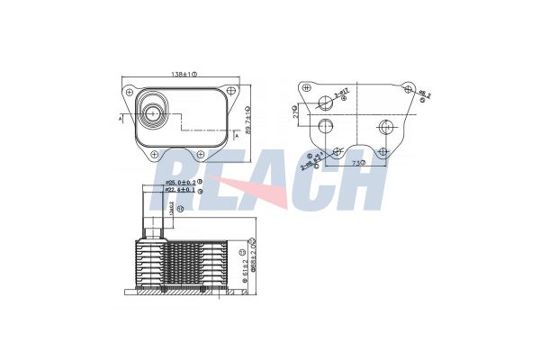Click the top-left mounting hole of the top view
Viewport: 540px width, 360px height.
coord(130,92)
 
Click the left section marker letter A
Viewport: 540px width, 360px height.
coord(121,117)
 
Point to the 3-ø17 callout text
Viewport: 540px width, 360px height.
coord(342,92)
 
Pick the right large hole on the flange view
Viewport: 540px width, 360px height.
coord(384,127)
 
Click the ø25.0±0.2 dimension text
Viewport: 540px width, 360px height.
coord(177,183)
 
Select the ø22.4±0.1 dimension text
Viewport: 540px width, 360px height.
coord(177,191)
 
